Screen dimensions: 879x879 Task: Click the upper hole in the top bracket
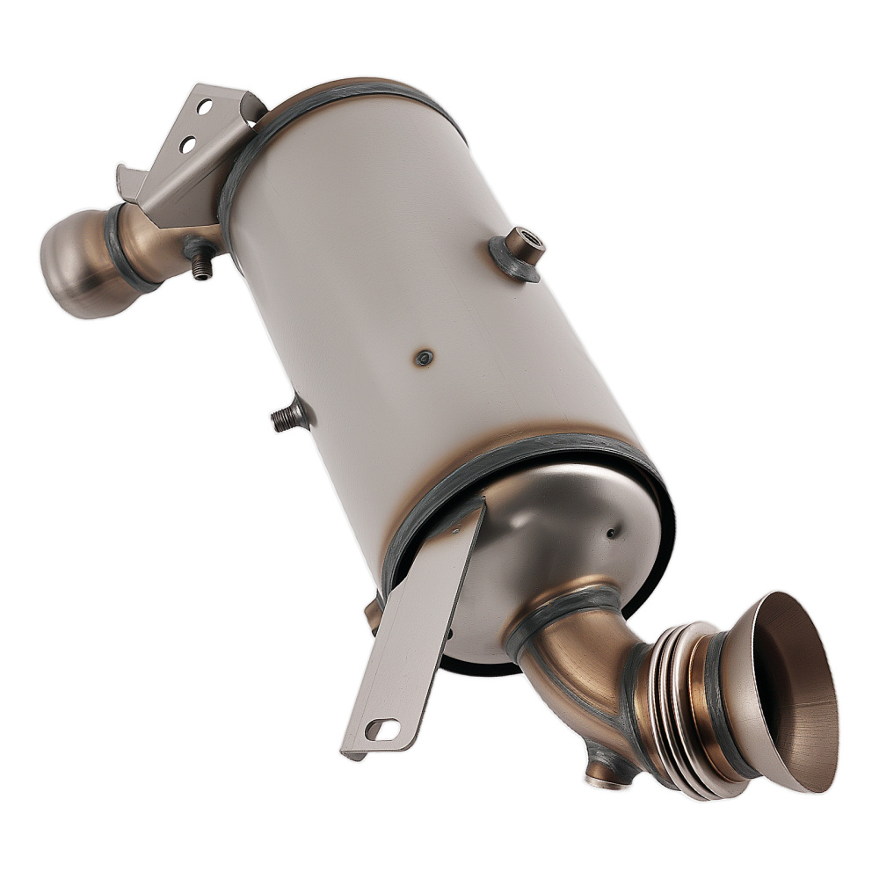click(x=205, y=107)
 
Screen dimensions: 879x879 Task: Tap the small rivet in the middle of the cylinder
click(x=425, y=357)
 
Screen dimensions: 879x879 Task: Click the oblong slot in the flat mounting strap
click(x=381, y=729)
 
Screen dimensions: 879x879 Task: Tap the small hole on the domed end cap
click(x=610, y=532)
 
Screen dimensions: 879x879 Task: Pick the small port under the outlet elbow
click(x=607, y=774)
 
